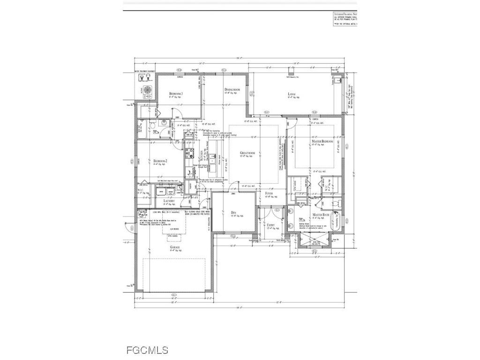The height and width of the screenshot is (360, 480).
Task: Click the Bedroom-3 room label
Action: [x=176, y=94]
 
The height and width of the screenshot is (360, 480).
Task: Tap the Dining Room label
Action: [x=232, y=90]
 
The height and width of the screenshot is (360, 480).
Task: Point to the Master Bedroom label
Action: [x=322, y=141]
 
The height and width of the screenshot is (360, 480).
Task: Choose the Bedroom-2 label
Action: [x=160, y=161]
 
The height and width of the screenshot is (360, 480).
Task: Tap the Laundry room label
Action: [x=169, y=201]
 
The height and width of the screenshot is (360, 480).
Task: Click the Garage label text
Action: [x=175, y=247]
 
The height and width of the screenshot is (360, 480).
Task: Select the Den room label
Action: [x=233, y=212]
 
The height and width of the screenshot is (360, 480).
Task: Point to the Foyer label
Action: [x=269, y=193]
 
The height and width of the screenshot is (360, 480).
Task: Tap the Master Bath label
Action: [x=322, y=215]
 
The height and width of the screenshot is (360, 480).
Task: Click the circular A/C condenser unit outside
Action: [x=147, y=90]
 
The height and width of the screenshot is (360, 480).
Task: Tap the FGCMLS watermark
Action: [x=147, y=350]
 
